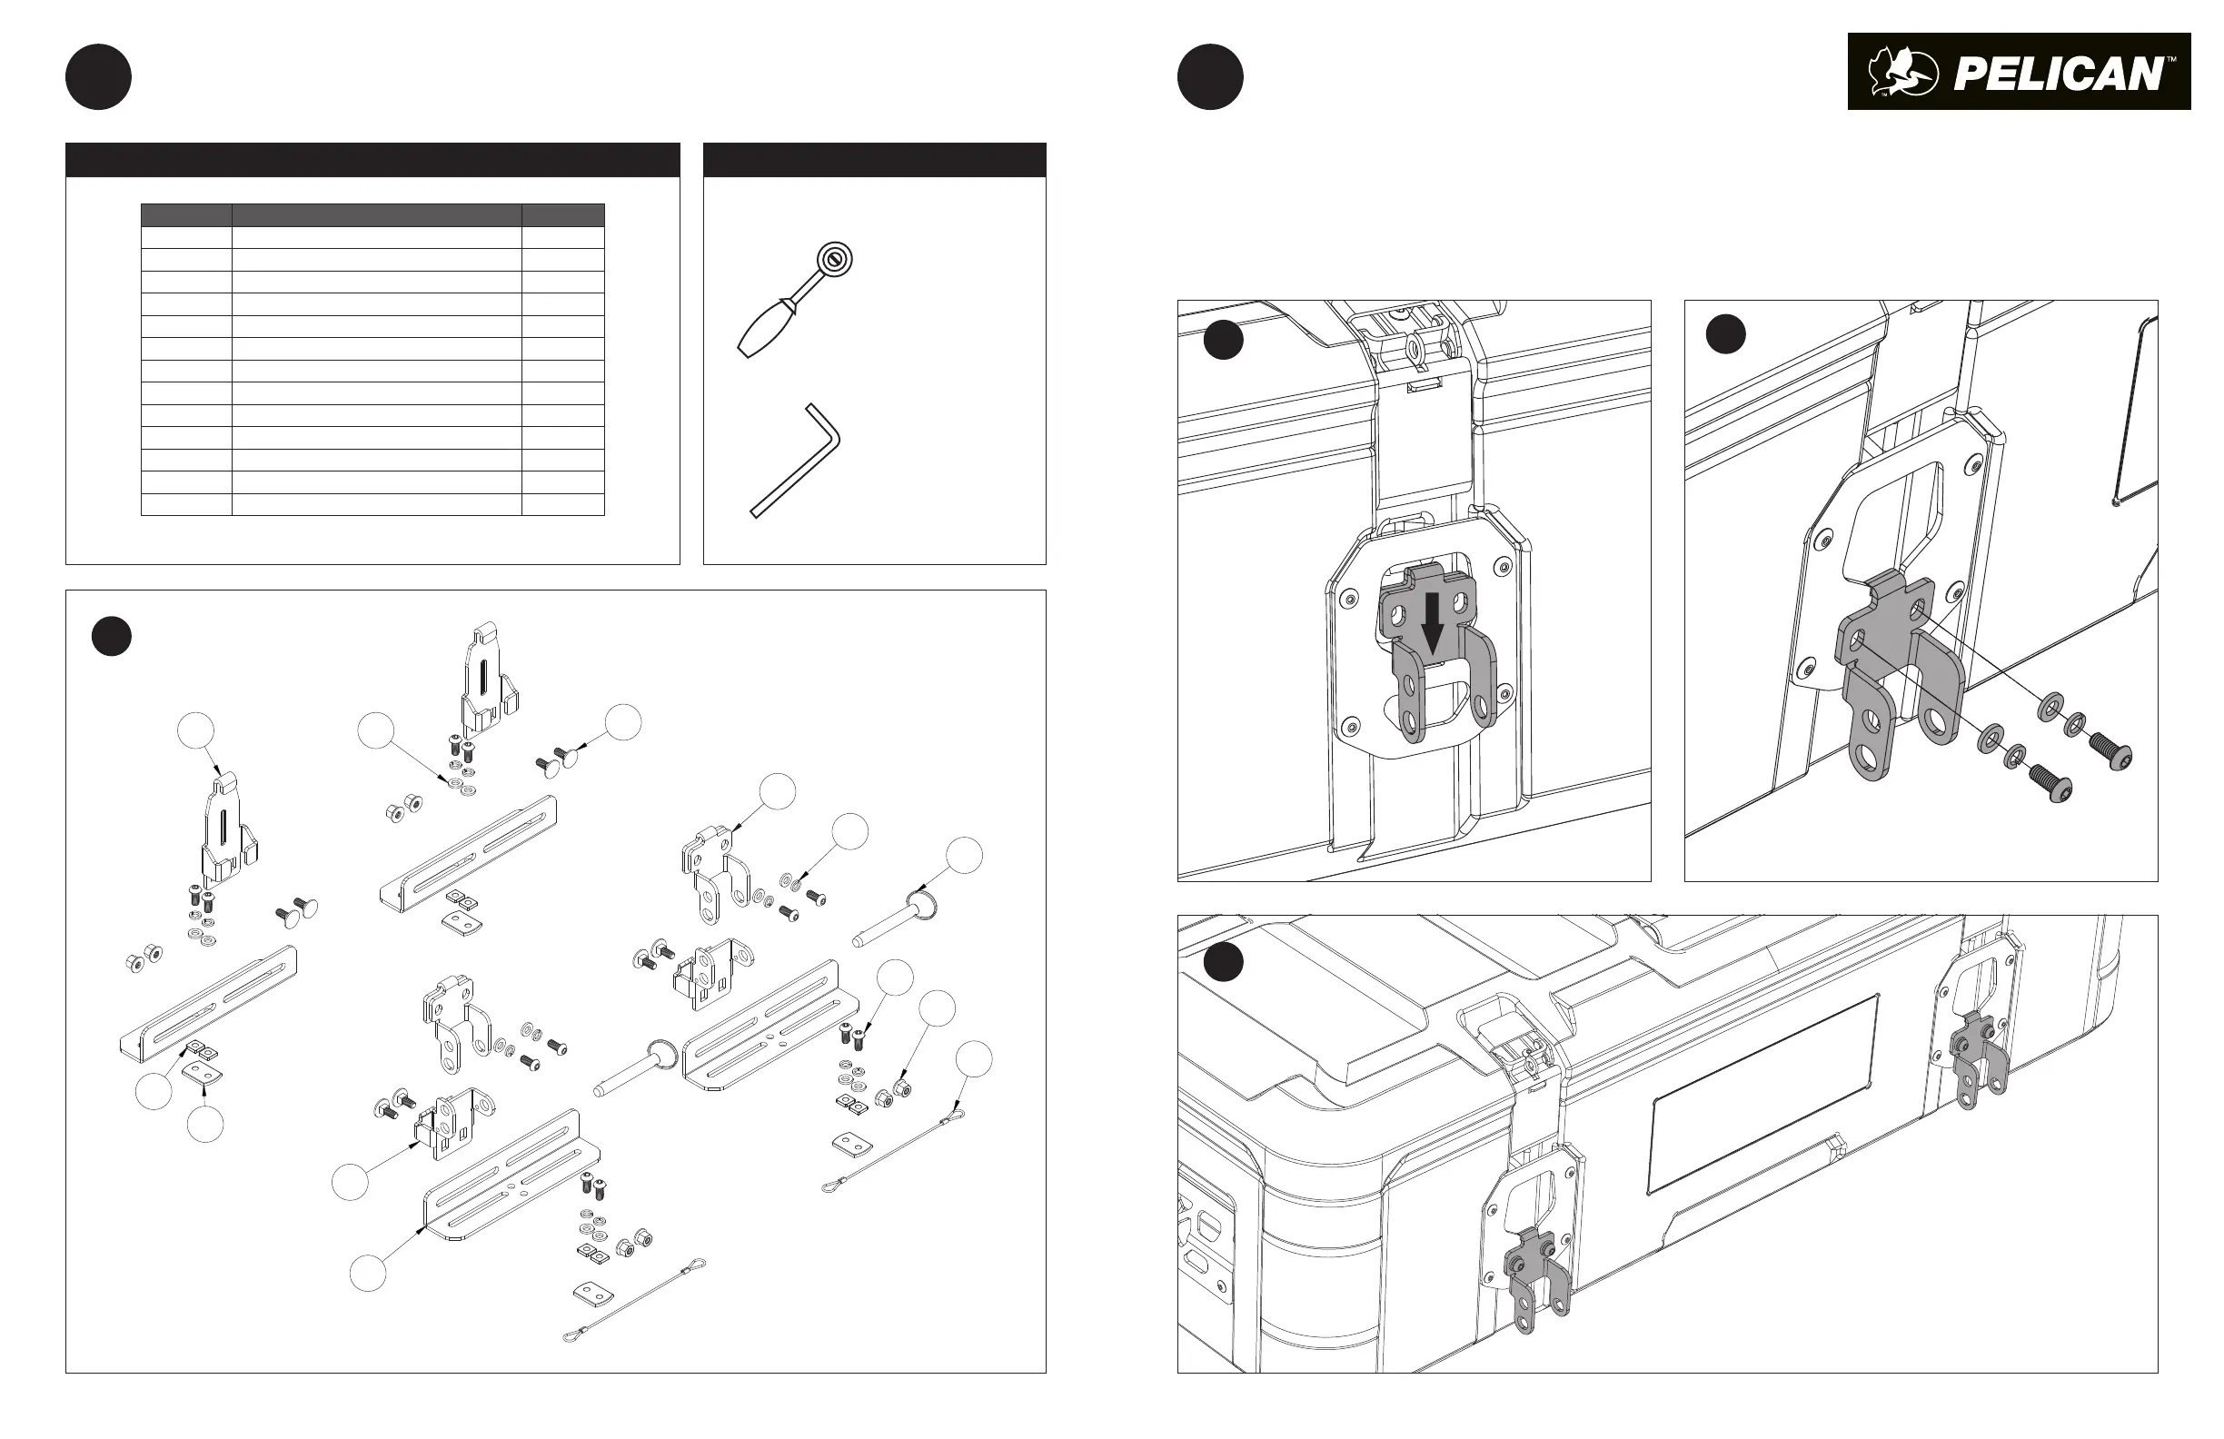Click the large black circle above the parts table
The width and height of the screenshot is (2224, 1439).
[x=98, y=76]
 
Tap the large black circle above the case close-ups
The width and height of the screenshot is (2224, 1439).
[x=1210, y=76]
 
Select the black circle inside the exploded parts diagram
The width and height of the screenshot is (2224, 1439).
[x=111, y=635]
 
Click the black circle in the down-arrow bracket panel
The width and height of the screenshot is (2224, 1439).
[x=1222, y=340]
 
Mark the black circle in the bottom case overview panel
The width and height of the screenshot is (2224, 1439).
[x=1222, y=962]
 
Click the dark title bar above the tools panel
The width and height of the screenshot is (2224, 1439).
[x=874, y=160]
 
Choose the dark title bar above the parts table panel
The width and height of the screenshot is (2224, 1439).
[x=372, y=160]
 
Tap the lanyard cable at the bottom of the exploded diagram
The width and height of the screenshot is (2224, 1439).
[x=635, y=1299]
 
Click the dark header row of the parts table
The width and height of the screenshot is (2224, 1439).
[x=372, y=215]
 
